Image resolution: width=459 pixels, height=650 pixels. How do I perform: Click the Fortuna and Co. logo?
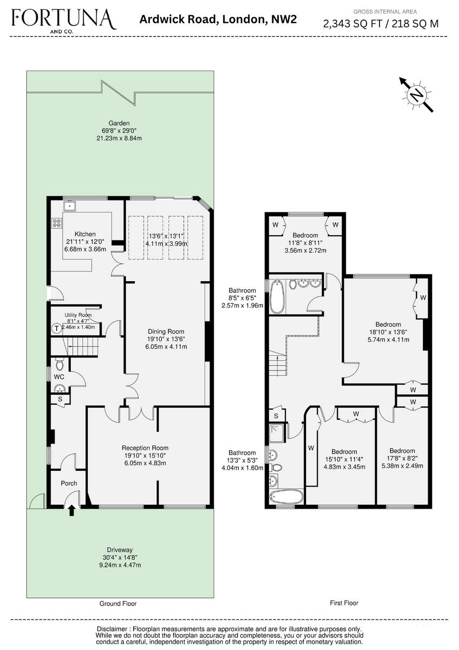coord(64,21)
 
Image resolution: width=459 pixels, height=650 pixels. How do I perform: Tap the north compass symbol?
coord(416,95)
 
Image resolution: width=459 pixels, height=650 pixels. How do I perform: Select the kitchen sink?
coord(70,206)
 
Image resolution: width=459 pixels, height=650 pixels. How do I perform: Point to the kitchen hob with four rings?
coord(57,223)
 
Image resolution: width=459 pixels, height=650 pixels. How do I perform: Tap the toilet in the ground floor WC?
coord(60,365)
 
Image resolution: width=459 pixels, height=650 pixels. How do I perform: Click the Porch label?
coord(69,483)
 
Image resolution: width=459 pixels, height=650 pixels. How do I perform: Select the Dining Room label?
coord(166,331)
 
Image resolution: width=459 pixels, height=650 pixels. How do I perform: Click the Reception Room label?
coord(145,448)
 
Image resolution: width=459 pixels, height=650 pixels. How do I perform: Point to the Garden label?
coord(119,123)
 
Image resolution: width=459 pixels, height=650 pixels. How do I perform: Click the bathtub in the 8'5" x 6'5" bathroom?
coord(278,297)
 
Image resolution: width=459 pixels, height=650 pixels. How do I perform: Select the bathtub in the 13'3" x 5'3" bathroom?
coord(286,498)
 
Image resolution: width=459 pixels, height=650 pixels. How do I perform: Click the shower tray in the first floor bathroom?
coord(277,433)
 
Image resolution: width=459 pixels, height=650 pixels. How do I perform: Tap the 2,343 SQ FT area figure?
coord(353,23)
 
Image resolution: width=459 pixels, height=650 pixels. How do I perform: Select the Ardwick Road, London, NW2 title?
coord(218,19)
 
